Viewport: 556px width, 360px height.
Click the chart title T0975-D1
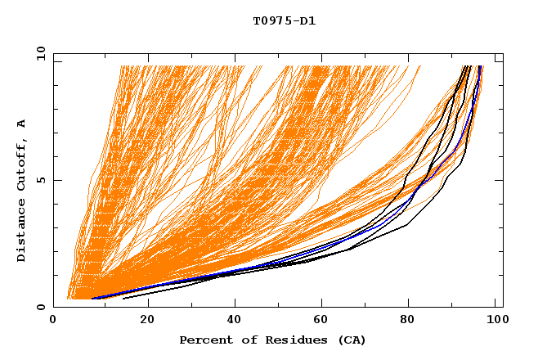pyautogui.click(x=284, y=20)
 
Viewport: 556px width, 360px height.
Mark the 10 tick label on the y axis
pyautogui.click(x=40, y=53)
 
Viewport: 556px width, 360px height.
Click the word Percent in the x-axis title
pyautogui.click(x=204, y=340)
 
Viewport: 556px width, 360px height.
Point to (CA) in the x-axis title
pyautogui.click(x=349, y=340)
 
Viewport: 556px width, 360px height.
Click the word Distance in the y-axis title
pyautogui.click(x=22, y=233)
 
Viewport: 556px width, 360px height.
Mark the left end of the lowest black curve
pyautogui.click(x=123, y=299)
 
